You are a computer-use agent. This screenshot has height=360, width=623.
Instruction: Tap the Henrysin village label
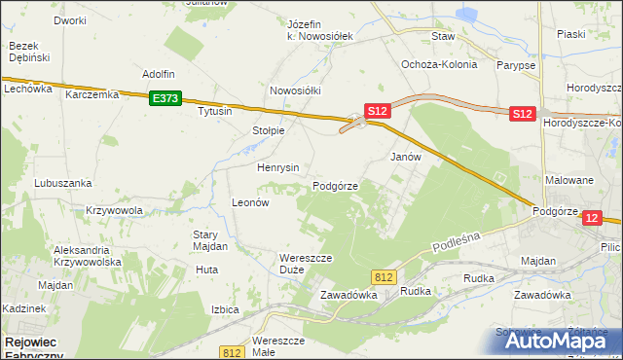277,167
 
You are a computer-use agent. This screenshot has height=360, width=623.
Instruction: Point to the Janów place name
405,156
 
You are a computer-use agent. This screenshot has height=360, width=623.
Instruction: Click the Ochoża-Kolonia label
439,64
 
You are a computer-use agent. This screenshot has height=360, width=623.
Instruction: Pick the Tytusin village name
215,111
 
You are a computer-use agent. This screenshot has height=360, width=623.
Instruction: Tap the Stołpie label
268,130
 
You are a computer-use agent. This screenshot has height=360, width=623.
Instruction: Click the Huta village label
205,270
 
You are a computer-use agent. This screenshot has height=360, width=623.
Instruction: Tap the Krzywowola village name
115,210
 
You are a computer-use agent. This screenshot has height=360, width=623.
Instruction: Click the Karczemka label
92,95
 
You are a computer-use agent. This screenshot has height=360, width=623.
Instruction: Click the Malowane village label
569,180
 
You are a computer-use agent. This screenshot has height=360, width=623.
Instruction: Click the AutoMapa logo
559,342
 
